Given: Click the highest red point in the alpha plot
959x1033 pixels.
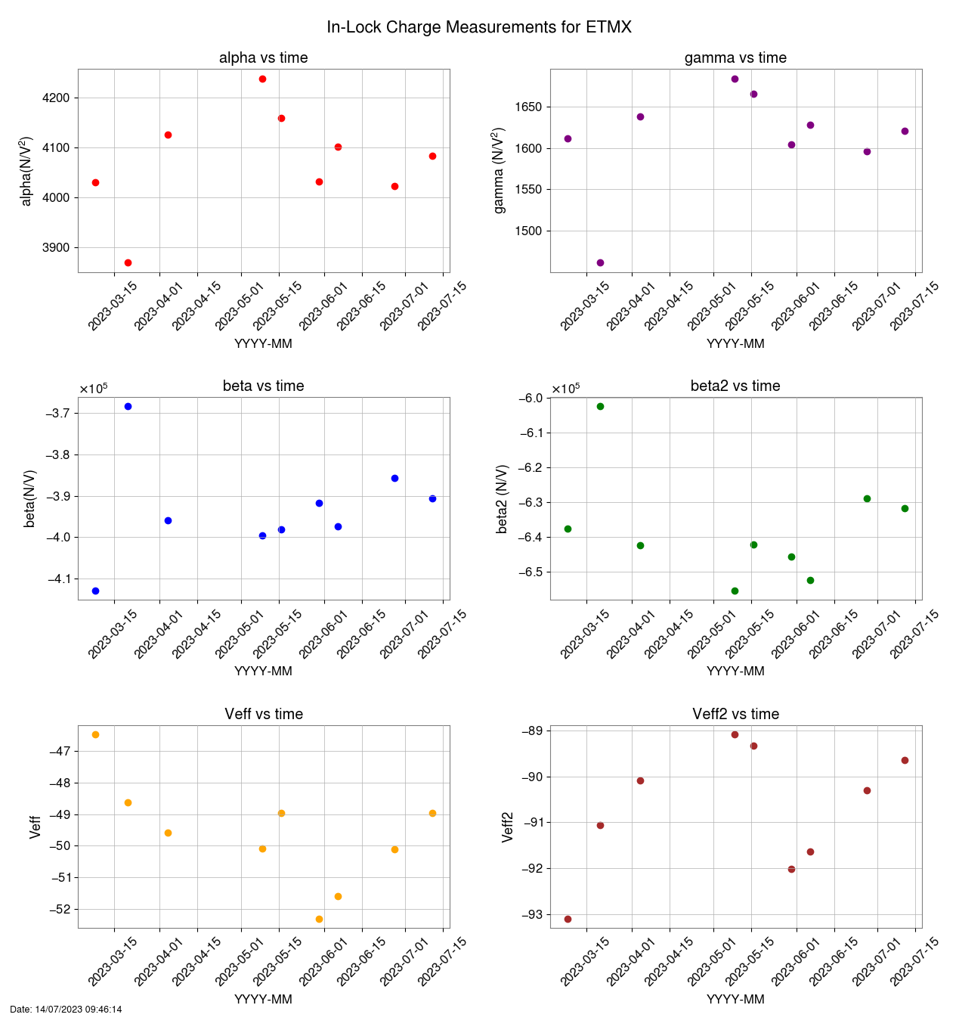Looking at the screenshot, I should (262, 79).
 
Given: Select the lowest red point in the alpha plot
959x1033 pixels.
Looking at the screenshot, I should (128, 262).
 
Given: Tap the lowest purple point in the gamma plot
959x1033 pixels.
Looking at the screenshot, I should (600, 262).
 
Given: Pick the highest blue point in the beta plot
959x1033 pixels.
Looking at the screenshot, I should (128, 406).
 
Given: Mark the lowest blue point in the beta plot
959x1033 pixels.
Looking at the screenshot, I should (95, 591).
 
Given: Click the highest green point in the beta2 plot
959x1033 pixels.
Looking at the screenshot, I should (600, 406).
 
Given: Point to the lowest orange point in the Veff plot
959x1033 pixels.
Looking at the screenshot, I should (319, 919).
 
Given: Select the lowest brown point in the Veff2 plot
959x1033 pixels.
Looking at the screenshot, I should (568, 919).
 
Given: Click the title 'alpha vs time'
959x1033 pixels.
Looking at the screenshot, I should (263, 58).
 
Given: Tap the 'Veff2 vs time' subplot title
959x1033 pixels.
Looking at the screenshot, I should (735, 714).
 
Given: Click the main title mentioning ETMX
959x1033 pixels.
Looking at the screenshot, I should (479, 27).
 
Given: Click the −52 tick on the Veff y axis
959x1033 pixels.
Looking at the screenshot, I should (61, 910).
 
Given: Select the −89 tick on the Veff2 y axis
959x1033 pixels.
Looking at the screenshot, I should (533, 731).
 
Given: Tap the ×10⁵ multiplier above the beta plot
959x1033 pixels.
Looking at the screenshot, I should (93, 389).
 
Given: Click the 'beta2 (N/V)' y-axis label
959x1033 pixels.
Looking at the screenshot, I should (503, 499).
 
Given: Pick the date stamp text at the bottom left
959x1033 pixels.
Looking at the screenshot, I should (66, 1010).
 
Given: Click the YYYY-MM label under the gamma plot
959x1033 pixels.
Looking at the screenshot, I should (735, 343).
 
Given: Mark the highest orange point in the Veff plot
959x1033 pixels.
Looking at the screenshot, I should (95, 734).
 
